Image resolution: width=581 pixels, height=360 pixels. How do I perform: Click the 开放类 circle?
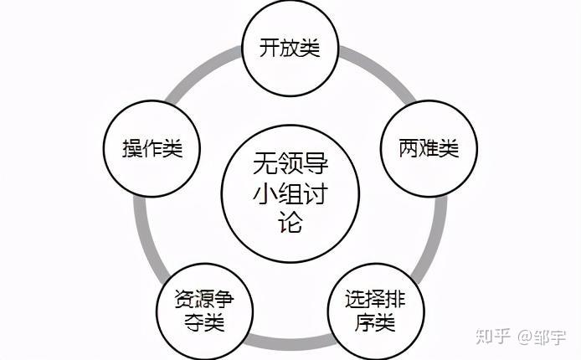click(290, 48)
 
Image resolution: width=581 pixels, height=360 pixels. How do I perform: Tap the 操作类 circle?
click(152, 149)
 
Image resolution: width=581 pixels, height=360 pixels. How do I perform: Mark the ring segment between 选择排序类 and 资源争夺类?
click(290, 342)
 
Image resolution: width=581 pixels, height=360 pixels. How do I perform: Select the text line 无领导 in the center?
click(290, 162)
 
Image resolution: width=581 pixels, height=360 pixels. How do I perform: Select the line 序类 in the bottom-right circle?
click(373, 321)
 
